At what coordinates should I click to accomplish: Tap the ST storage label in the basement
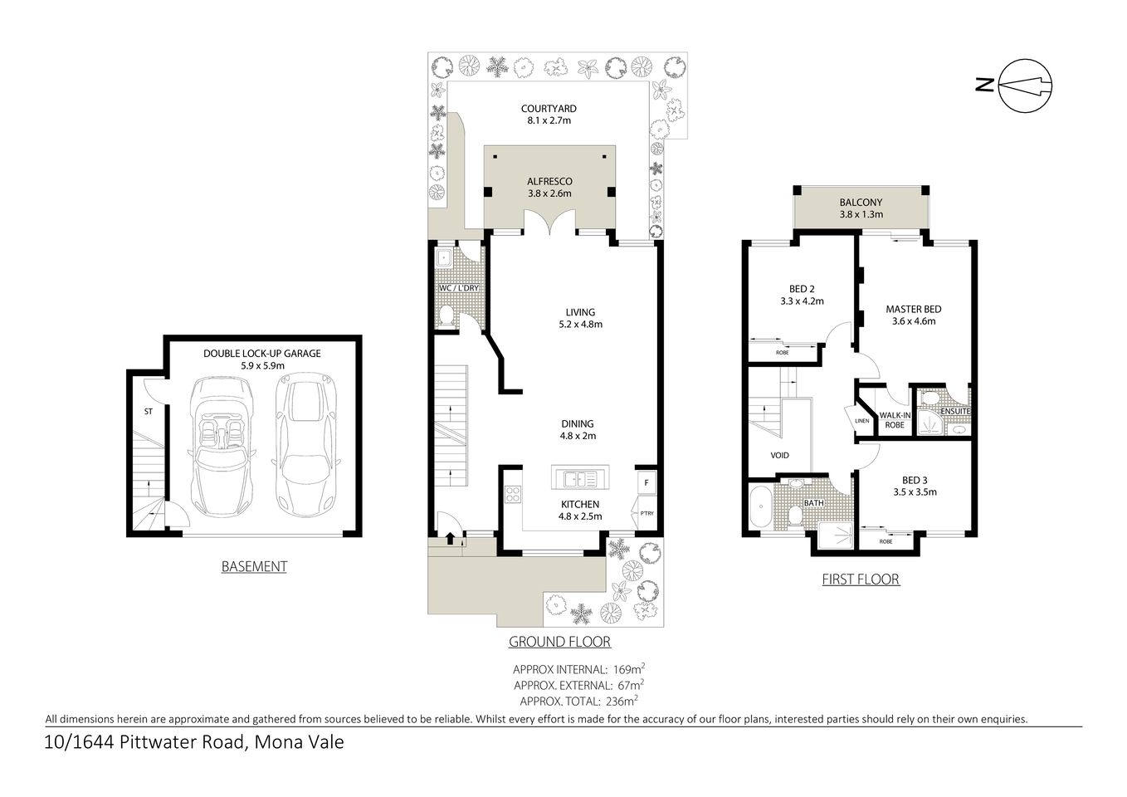point(148,410)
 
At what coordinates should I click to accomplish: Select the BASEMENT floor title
point(254,567)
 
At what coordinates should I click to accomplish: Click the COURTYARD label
point(549,109)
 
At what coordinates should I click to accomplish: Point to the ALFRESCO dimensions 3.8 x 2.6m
point(549,193)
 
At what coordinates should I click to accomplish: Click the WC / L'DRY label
point(458,288)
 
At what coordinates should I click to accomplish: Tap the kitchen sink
point(578,479)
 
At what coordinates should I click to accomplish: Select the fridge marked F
point(646,482)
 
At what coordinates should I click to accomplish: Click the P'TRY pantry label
point(646,513)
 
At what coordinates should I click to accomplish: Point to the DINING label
point(577,423)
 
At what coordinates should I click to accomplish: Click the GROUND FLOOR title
point(559,642)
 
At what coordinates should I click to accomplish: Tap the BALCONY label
point(860,203)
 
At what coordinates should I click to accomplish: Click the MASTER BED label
point(913,309)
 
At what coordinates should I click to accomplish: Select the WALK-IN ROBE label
point(892,419)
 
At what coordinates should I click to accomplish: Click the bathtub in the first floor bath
point(759,509)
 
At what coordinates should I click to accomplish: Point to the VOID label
point(779,455)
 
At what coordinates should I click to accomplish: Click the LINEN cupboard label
point(861,421)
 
